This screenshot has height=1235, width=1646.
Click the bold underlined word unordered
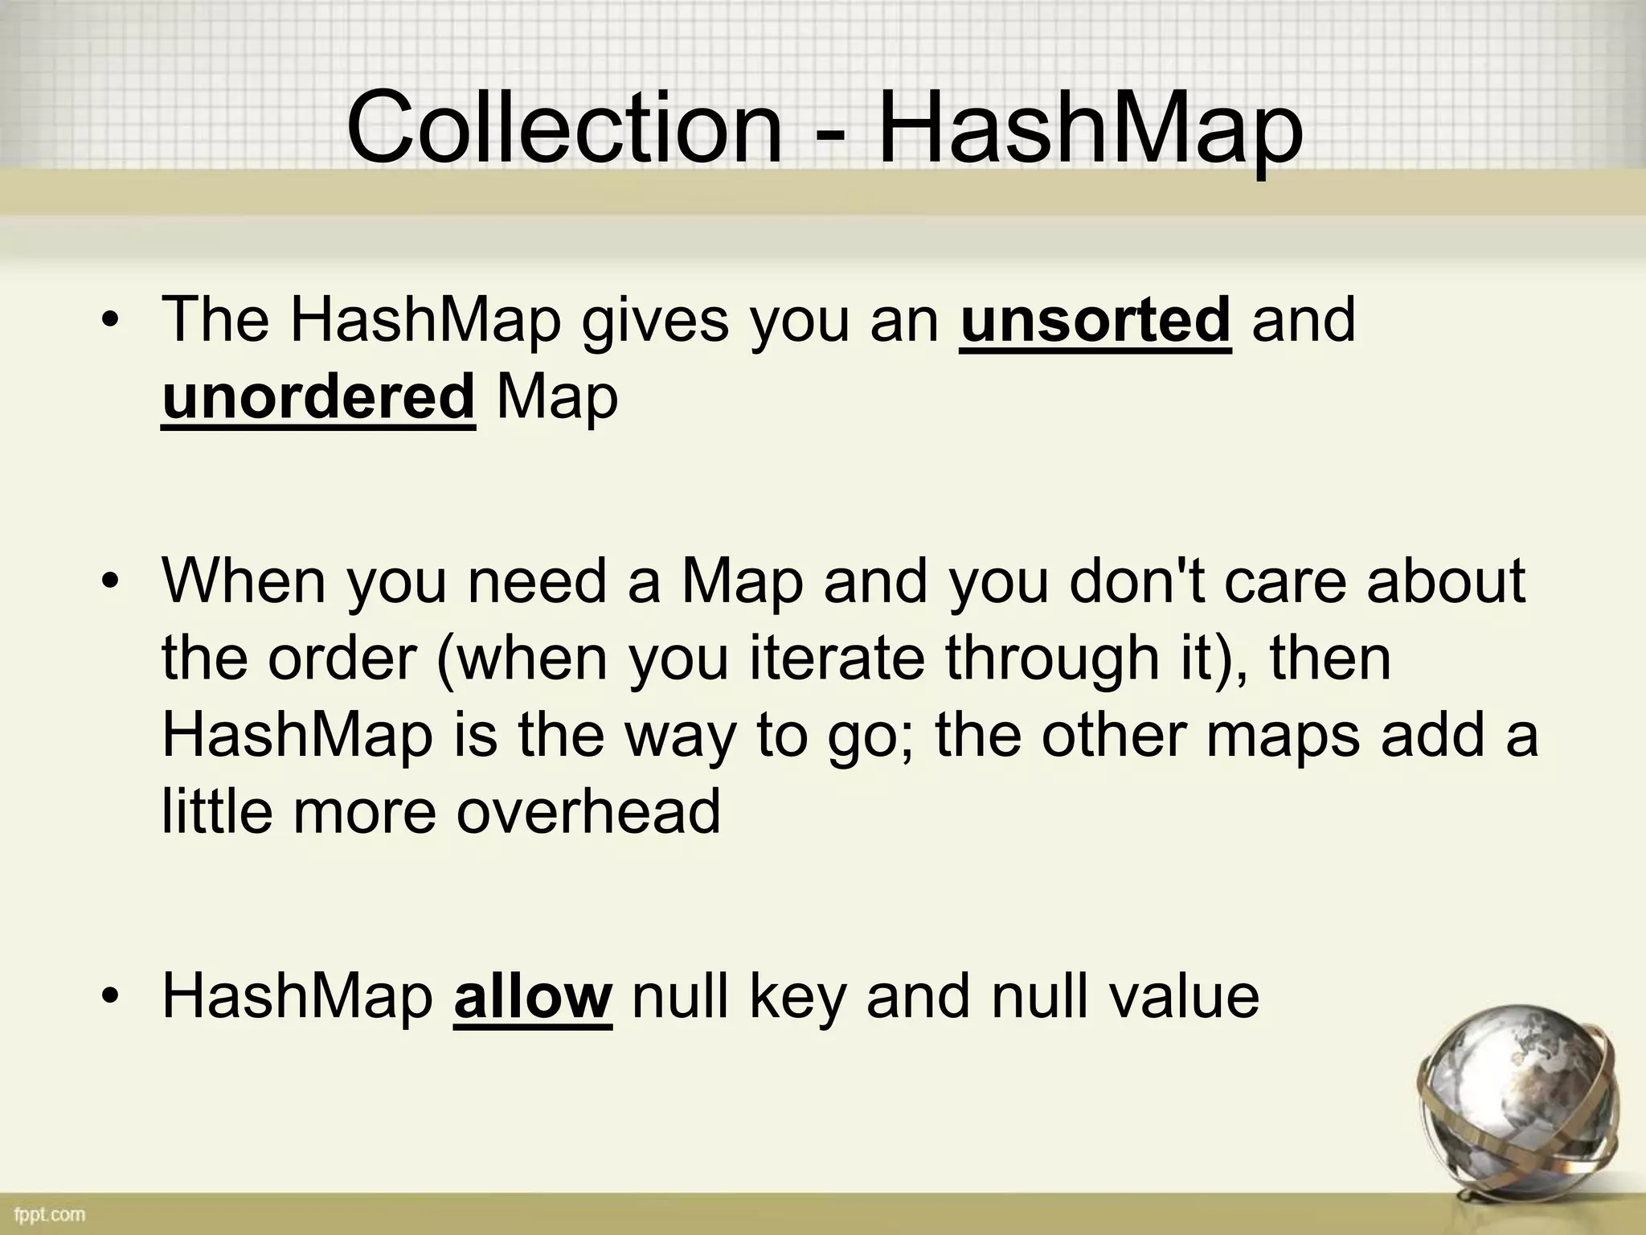pos(318,398)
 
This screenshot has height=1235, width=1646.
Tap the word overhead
pos(588,812)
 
